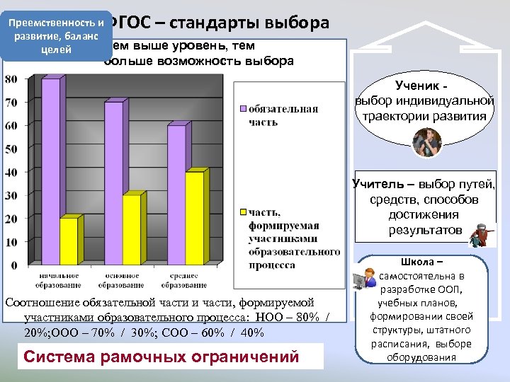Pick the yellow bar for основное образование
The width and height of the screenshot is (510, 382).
131,230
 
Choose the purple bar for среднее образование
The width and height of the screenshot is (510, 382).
176,195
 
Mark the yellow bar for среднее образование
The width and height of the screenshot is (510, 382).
193,219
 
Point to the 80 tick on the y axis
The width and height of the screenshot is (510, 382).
11,79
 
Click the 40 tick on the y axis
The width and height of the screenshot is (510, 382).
11,172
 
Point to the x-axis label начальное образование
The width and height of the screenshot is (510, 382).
55,281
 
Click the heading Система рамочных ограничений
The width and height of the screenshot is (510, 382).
161,355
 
